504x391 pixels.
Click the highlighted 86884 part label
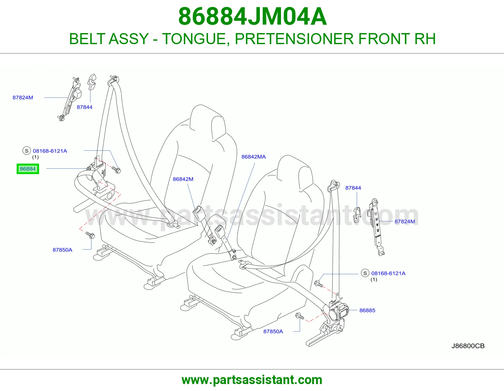point(28,169)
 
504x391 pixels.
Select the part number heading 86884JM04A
point(252,16)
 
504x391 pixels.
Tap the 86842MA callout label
point(254,157)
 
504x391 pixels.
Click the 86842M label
point(183,179)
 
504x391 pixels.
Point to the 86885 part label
point(367,310)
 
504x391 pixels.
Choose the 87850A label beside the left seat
point(62,250)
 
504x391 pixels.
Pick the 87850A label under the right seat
point(273,331)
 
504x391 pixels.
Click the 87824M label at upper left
point(23,97)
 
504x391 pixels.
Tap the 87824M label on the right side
point(405,221)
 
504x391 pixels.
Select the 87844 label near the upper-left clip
point(84,107)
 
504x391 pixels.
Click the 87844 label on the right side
point(353,188)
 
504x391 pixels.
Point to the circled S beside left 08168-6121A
point(27,151)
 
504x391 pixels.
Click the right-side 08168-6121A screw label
point(388,273)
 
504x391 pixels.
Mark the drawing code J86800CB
point(468,346)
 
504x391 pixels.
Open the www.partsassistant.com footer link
point(252,380)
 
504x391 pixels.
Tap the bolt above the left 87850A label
point(90,235)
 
